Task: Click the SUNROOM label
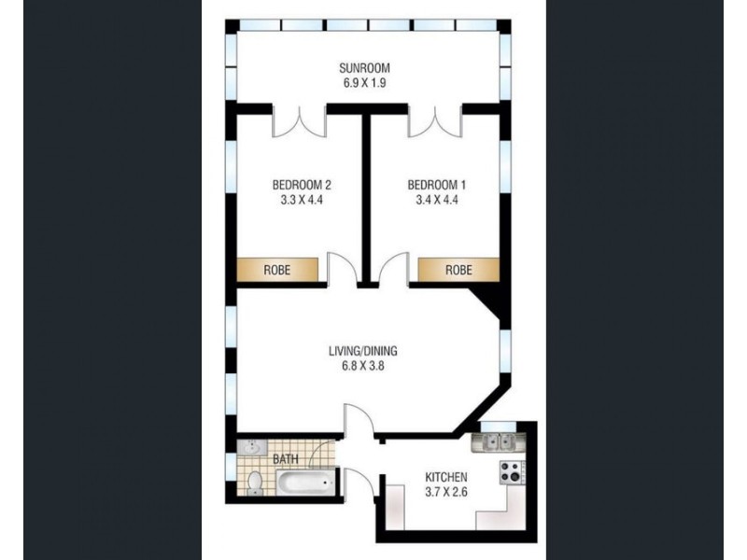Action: pyautogui.click(x=363, y=68)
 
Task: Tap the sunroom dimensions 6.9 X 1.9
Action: pyautogui.click(x=363, y=83)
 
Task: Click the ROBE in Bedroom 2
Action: pyautogui.click(x=276, y=270)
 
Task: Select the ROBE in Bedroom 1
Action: pyautogui.click(x=458, y=270)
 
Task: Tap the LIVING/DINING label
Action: pyautogui.click(x=363, y=352)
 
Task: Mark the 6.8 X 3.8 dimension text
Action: pyautogui.click(x=363, y=367)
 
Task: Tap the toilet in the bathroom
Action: pyautogui.click(x=253, y=482)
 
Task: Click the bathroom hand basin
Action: pyautogui.click(x=247, y=447)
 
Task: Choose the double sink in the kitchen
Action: pyautogui.click(x=496, y=441)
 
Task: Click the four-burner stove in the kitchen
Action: pyautogui.click(x=513, y=472)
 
